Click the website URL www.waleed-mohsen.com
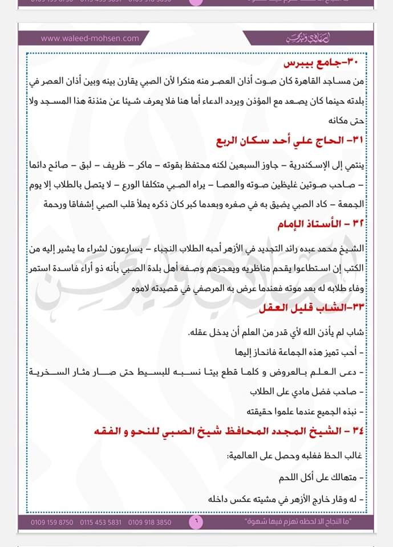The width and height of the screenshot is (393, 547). (x=90, y=39)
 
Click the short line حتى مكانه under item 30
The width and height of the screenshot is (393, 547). (x=345, y=121)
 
